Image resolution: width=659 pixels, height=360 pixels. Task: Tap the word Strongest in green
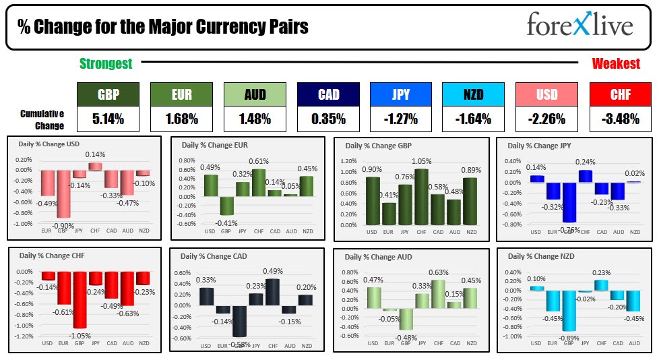tap(106, 64)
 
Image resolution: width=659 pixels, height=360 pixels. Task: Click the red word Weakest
tap(616, 64)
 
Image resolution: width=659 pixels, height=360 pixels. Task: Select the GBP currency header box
tap(108, 94)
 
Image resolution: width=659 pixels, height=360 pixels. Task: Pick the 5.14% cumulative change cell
tap(108, 119)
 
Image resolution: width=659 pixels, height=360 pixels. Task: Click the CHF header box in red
tap(620, 94)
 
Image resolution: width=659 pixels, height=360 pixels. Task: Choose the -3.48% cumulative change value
tap(620, 119)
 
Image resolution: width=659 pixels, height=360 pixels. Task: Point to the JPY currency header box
tap(401, 94)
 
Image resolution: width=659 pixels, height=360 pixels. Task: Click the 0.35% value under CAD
tap(328, 119)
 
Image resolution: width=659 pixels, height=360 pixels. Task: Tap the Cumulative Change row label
tap(42, 119)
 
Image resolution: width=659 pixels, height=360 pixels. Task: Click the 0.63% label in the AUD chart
tap(439, 273)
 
